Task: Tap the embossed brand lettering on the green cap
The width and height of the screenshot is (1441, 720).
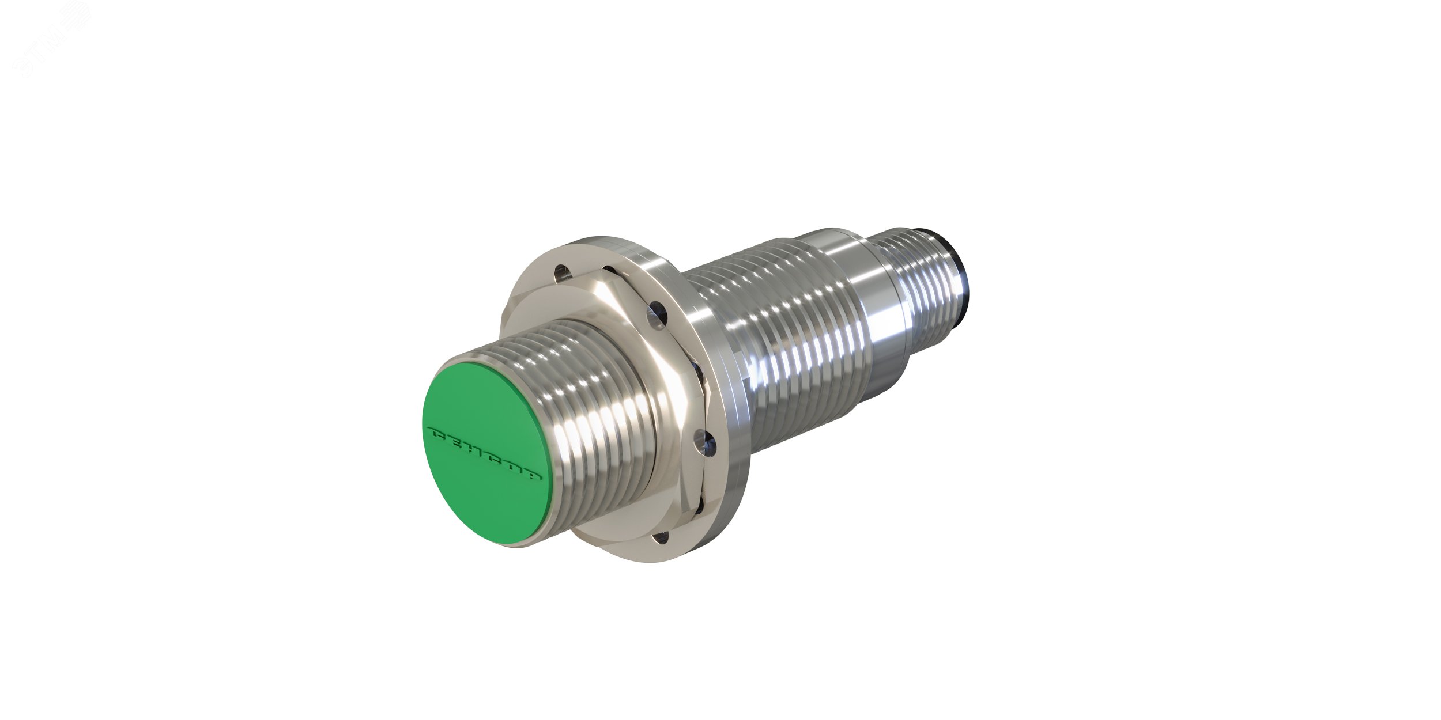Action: pyautogui.click(x=486, y=446)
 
